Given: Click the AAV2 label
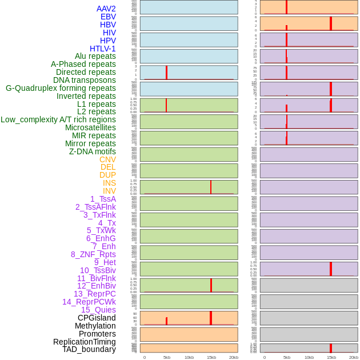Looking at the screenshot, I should pyautogui.click(x=106, y=9).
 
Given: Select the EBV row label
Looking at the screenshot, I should pyautogui.click(x=108, y=17).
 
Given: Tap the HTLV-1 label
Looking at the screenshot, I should pyautogui.click(x=102, y=49).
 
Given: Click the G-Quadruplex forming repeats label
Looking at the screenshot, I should pyautogui.click(x=61, y=88).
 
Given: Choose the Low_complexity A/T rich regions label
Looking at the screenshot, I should pyautogui.click(x=58, y=119).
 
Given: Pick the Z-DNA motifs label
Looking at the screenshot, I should pyautogui.click(x=92, y=151).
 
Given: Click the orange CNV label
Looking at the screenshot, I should pyautogui.click(x=107, y=159).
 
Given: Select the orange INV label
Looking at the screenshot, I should pyautogui.click(x=109, y=191).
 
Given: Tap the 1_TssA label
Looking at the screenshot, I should pyautogui.click(x=103, y=199).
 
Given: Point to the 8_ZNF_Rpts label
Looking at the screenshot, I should pyautogui.click(x=93, y=254).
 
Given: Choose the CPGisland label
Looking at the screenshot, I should pyautogui.click(x=97, y=318).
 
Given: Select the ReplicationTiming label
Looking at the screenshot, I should pyautogui.click(x=84, y=342).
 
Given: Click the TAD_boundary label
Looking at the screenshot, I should pyautogui.click(x=89, y=349).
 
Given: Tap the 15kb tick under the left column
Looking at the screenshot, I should pyautogui.click(x=211, y=357).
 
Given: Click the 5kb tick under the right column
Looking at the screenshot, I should pyautogui.click(x=287, y=357).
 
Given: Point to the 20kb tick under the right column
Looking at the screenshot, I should pyautogui.click(x=354, y=357).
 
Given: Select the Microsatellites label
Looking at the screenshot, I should pyautogui.click(x=90, y=127).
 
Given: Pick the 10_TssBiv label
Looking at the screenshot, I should pyautogui.click(x=98, y=270).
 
